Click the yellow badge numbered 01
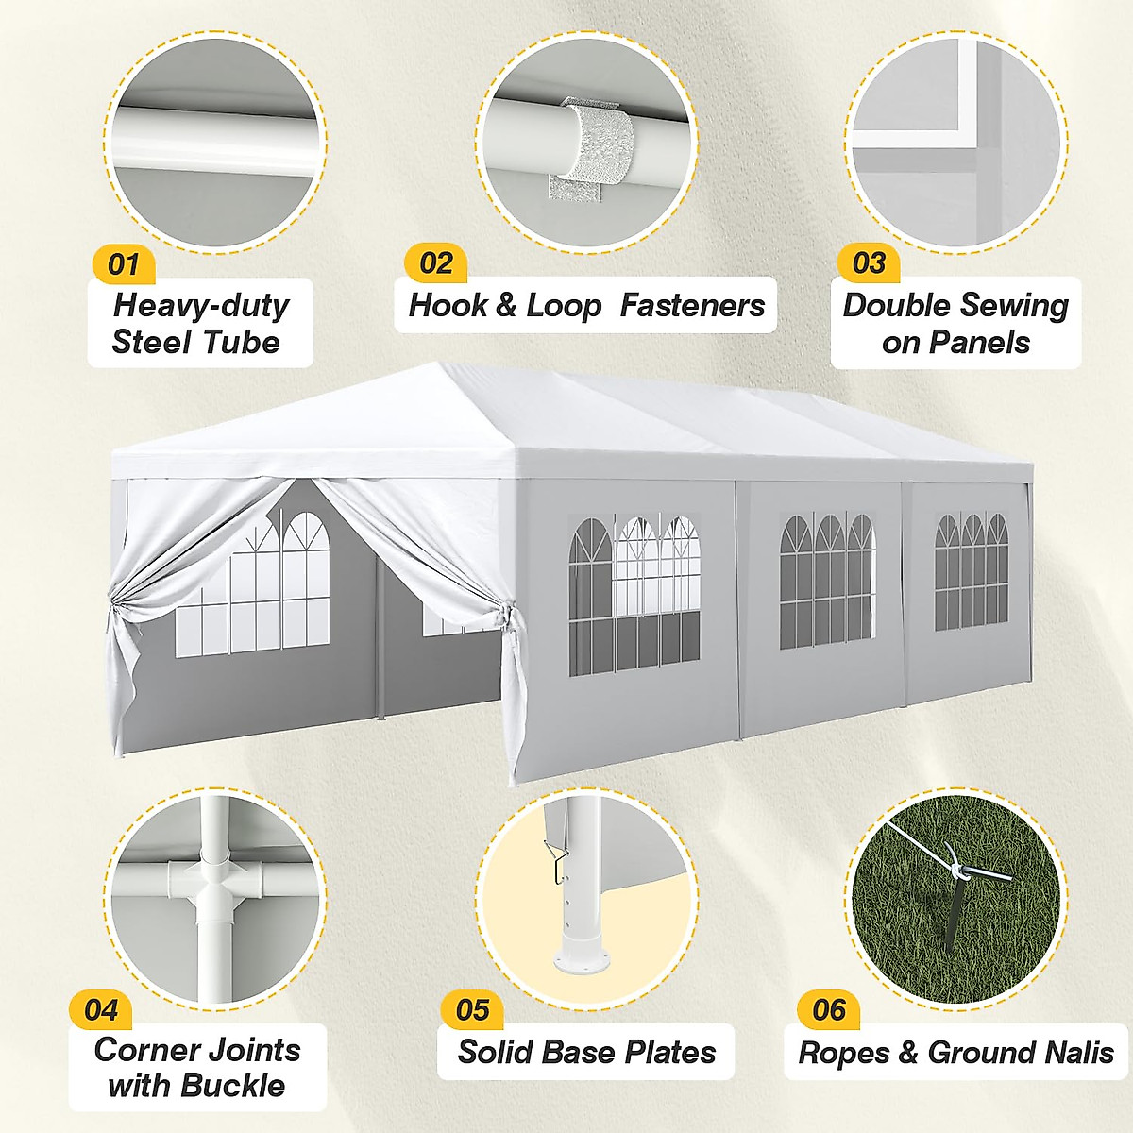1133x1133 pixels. [x=123, y=264]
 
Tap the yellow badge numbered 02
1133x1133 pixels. [x=435, y=262]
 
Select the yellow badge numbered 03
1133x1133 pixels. [x=868, y=263]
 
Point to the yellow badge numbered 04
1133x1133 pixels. [x=100, y=1009]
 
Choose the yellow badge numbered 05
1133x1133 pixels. [x=471, y=1009]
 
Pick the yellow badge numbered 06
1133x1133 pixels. [x=828, y=1009]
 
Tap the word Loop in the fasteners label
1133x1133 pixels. [x=564, y=305]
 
